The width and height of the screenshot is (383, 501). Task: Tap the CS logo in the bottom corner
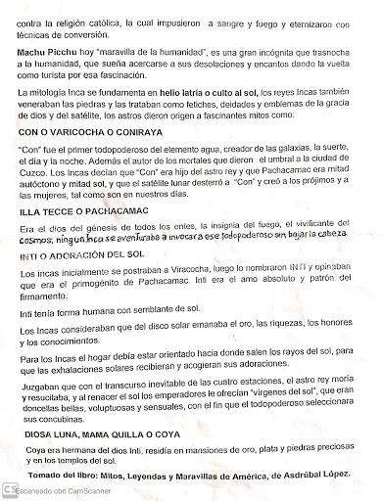point(8,488)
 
